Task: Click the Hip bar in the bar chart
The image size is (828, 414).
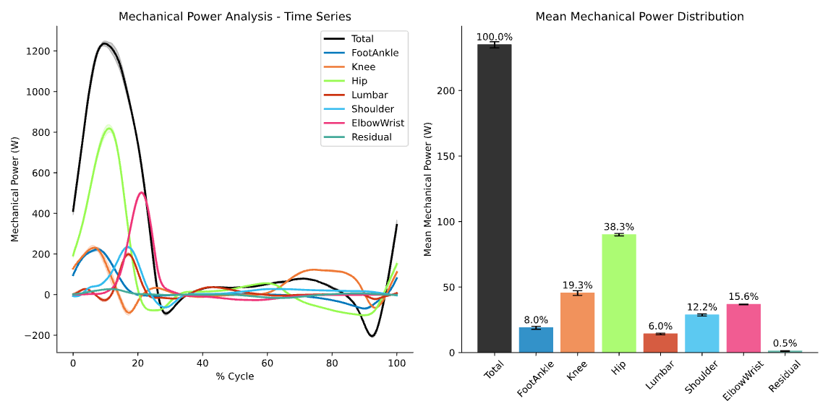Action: click(618, 293)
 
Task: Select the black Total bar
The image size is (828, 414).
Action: click(494, 199)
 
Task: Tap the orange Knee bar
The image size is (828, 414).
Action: click(577, 322)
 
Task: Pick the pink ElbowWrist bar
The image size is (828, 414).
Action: click(743, 328)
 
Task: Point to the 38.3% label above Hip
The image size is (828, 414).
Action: click(618, 226)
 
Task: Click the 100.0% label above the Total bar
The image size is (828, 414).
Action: click(494, 36)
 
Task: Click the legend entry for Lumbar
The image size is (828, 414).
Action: click(370, 95)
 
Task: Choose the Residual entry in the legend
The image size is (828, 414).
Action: click(371, 137)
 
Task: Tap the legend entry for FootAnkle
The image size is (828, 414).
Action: click(375, 53)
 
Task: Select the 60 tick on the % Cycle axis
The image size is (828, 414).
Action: click(267, 362)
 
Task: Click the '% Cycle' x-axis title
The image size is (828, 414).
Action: click(234, 376)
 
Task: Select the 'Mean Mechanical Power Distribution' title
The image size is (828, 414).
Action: click(639, 16)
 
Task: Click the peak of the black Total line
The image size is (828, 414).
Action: click(104, 43)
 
